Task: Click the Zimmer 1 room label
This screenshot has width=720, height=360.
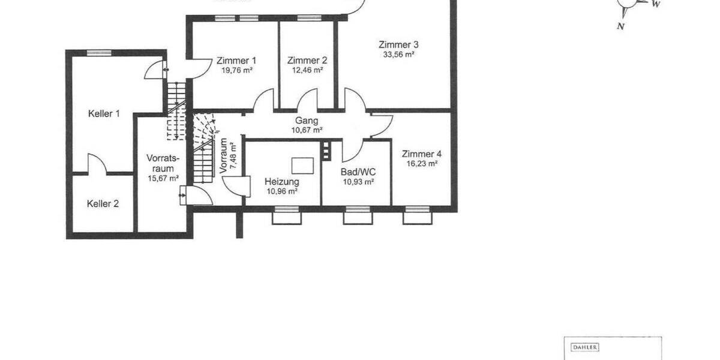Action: [236, 61]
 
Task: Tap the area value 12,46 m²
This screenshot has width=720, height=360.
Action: [307, 70]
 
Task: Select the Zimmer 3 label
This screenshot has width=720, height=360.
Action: [398, 44]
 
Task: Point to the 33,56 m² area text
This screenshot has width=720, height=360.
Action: [398, 54]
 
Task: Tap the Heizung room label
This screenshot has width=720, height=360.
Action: [282, 182]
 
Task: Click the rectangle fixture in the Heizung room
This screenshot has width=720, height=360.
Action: [302, 164]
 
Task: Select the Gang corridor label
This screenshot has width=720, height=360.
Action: [307, 121]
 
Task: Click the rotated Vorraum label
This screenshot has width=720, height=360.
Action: [224, 156]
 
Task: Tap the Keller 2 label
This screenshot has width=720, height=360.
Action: [103, 204]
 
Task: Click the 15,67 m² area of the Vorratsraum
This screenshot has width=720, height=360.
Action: [163, 178]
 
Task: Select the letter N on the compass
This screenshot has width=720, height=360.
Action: [620, 26]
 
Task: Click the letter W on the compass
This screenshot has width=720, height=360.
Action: [657, 4]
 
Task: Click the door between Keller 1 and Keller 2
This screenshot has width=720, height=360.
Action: [97, 167]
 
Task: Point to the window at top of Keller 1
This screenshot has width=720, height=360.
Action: [100, 53]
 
